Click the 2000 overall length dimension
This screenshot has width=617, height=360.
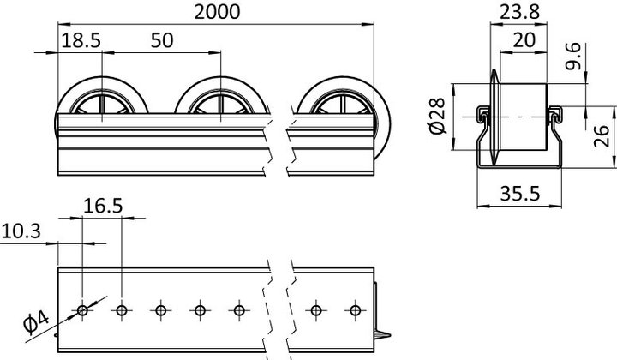(216, 11)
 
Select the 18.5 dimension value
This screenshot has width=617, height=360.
(80, 40)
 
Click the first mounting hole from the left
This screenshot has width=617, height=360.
(82, 309)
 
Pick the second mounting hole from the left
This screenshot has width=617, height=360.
(122, 309)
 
